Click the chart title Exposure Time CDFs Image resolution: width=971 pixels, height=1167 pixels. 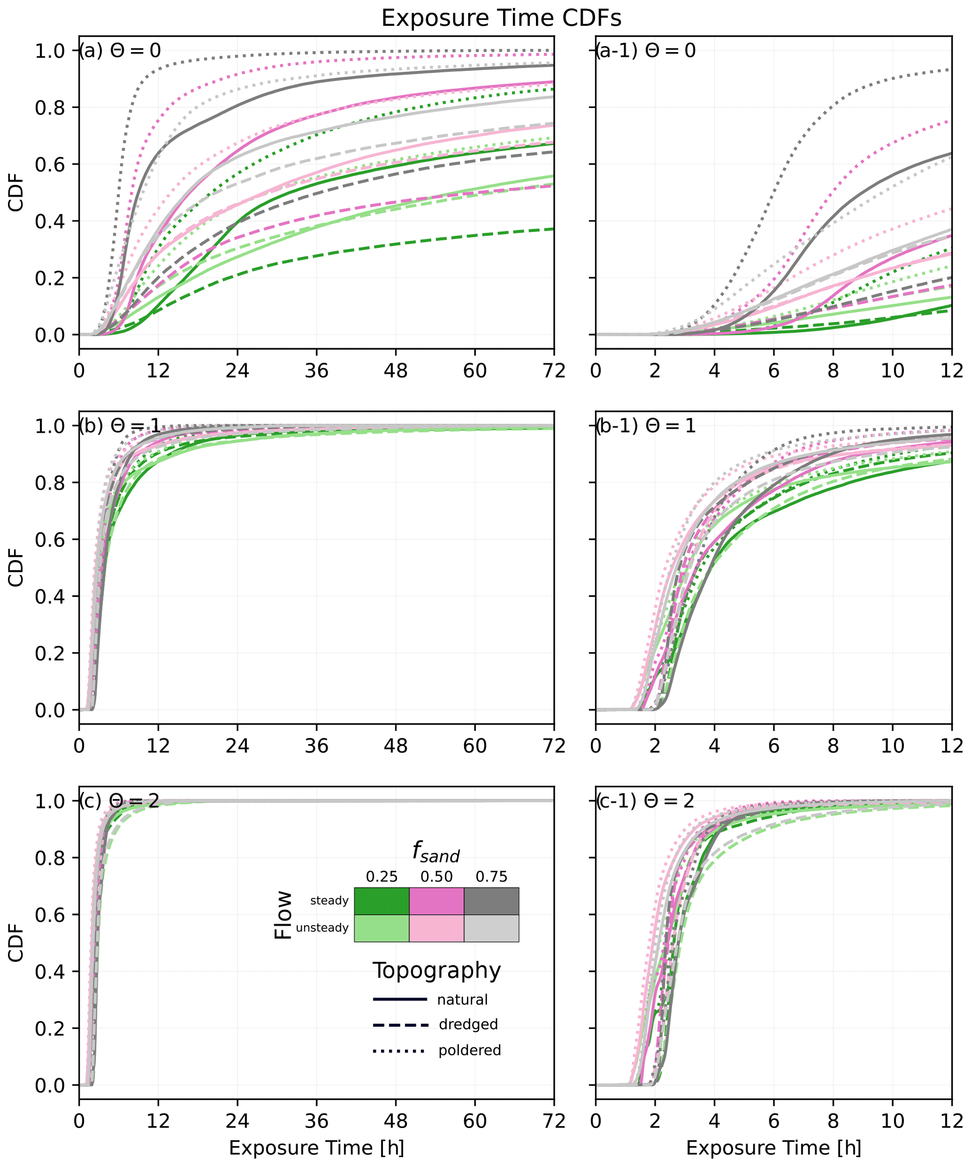tap(501, 18)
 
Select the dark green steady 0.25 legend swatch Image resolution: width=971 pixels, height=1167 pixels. tap(381, 901)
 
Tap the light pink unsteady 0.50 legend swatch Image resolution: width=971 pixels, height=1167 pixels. tap(436, 928)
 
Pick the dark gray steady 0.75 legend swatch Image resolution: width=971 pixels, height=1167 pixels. tap(491, 901)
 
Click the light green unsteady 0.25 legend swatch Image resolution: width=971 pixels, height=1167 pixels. tap(381, 928)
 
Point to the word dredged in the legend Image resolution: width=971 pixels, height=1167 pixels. tap(468, 1024)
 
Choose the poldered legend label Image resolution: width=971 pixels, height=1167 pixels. tap(470, 1050)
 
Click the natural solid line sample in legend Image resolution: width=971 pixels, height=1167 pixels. tap(400, 1000)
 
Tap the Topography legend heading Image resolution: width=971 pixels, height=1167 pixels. tap(436, 971)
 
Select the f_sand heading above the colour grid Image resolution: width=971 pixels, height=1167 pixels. tap(436, 852)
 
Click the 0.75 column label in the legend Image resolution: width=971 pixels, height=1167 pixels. tap(491, 877)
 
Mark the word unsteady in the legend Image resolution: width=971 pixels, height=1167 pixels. tap(322, 928)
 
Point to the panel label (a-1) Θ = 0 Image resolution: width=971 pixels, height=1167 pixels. tap(645, 51)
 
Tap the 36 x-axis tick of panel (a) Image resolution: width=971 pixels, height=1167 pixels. tap(316, 371)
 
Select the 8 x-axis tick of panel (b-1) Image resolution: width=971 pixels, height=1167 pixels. tap(833, 746)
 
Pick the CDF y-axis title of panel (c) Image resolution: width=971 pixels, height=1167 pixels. tap(16, 943)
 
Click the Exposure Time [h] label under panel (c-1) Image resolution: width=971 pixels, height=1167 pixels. tap(774, 1148)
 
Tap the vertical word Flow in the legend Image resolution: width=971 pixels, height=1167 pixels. tap(283, 915)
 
